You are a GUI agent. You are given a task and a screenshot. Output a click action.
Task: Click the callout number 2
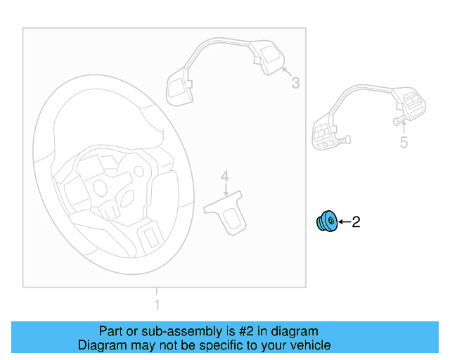356,223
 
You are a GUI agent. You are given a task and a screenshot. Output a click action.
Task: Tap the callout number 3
295,84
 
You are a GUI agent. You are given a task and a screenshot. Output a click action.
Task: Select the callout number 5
404,143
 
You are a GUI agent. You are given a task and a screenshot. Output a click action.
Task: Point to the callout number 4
225,175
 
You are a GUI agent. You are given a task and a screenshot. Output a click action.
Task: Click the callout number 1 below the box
157,305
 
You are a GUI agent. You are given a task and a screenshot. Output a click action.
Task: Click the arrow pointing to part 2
343,223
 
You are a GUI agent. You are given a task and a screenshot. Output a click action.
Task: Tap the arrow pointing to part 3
285,72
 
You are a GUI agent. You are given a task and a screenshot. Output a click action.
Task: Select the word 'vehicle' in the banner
311,345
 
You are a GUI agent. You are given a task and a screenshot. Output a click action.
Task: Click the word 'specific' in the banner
229,345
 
